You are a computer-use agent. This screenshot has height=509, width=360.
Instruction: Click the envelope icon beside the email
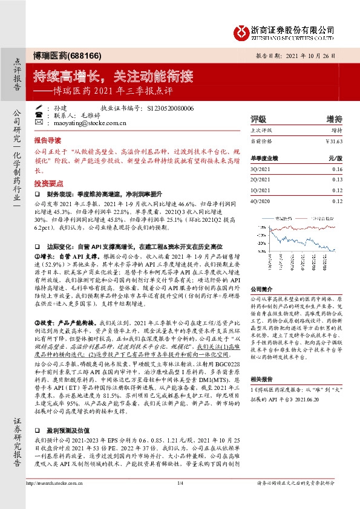pyautogui.click(x=39, y=123)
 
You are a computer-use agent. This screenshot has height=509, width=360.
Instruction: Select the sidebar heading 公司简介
pyautogui.click(x=263, y=273)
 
